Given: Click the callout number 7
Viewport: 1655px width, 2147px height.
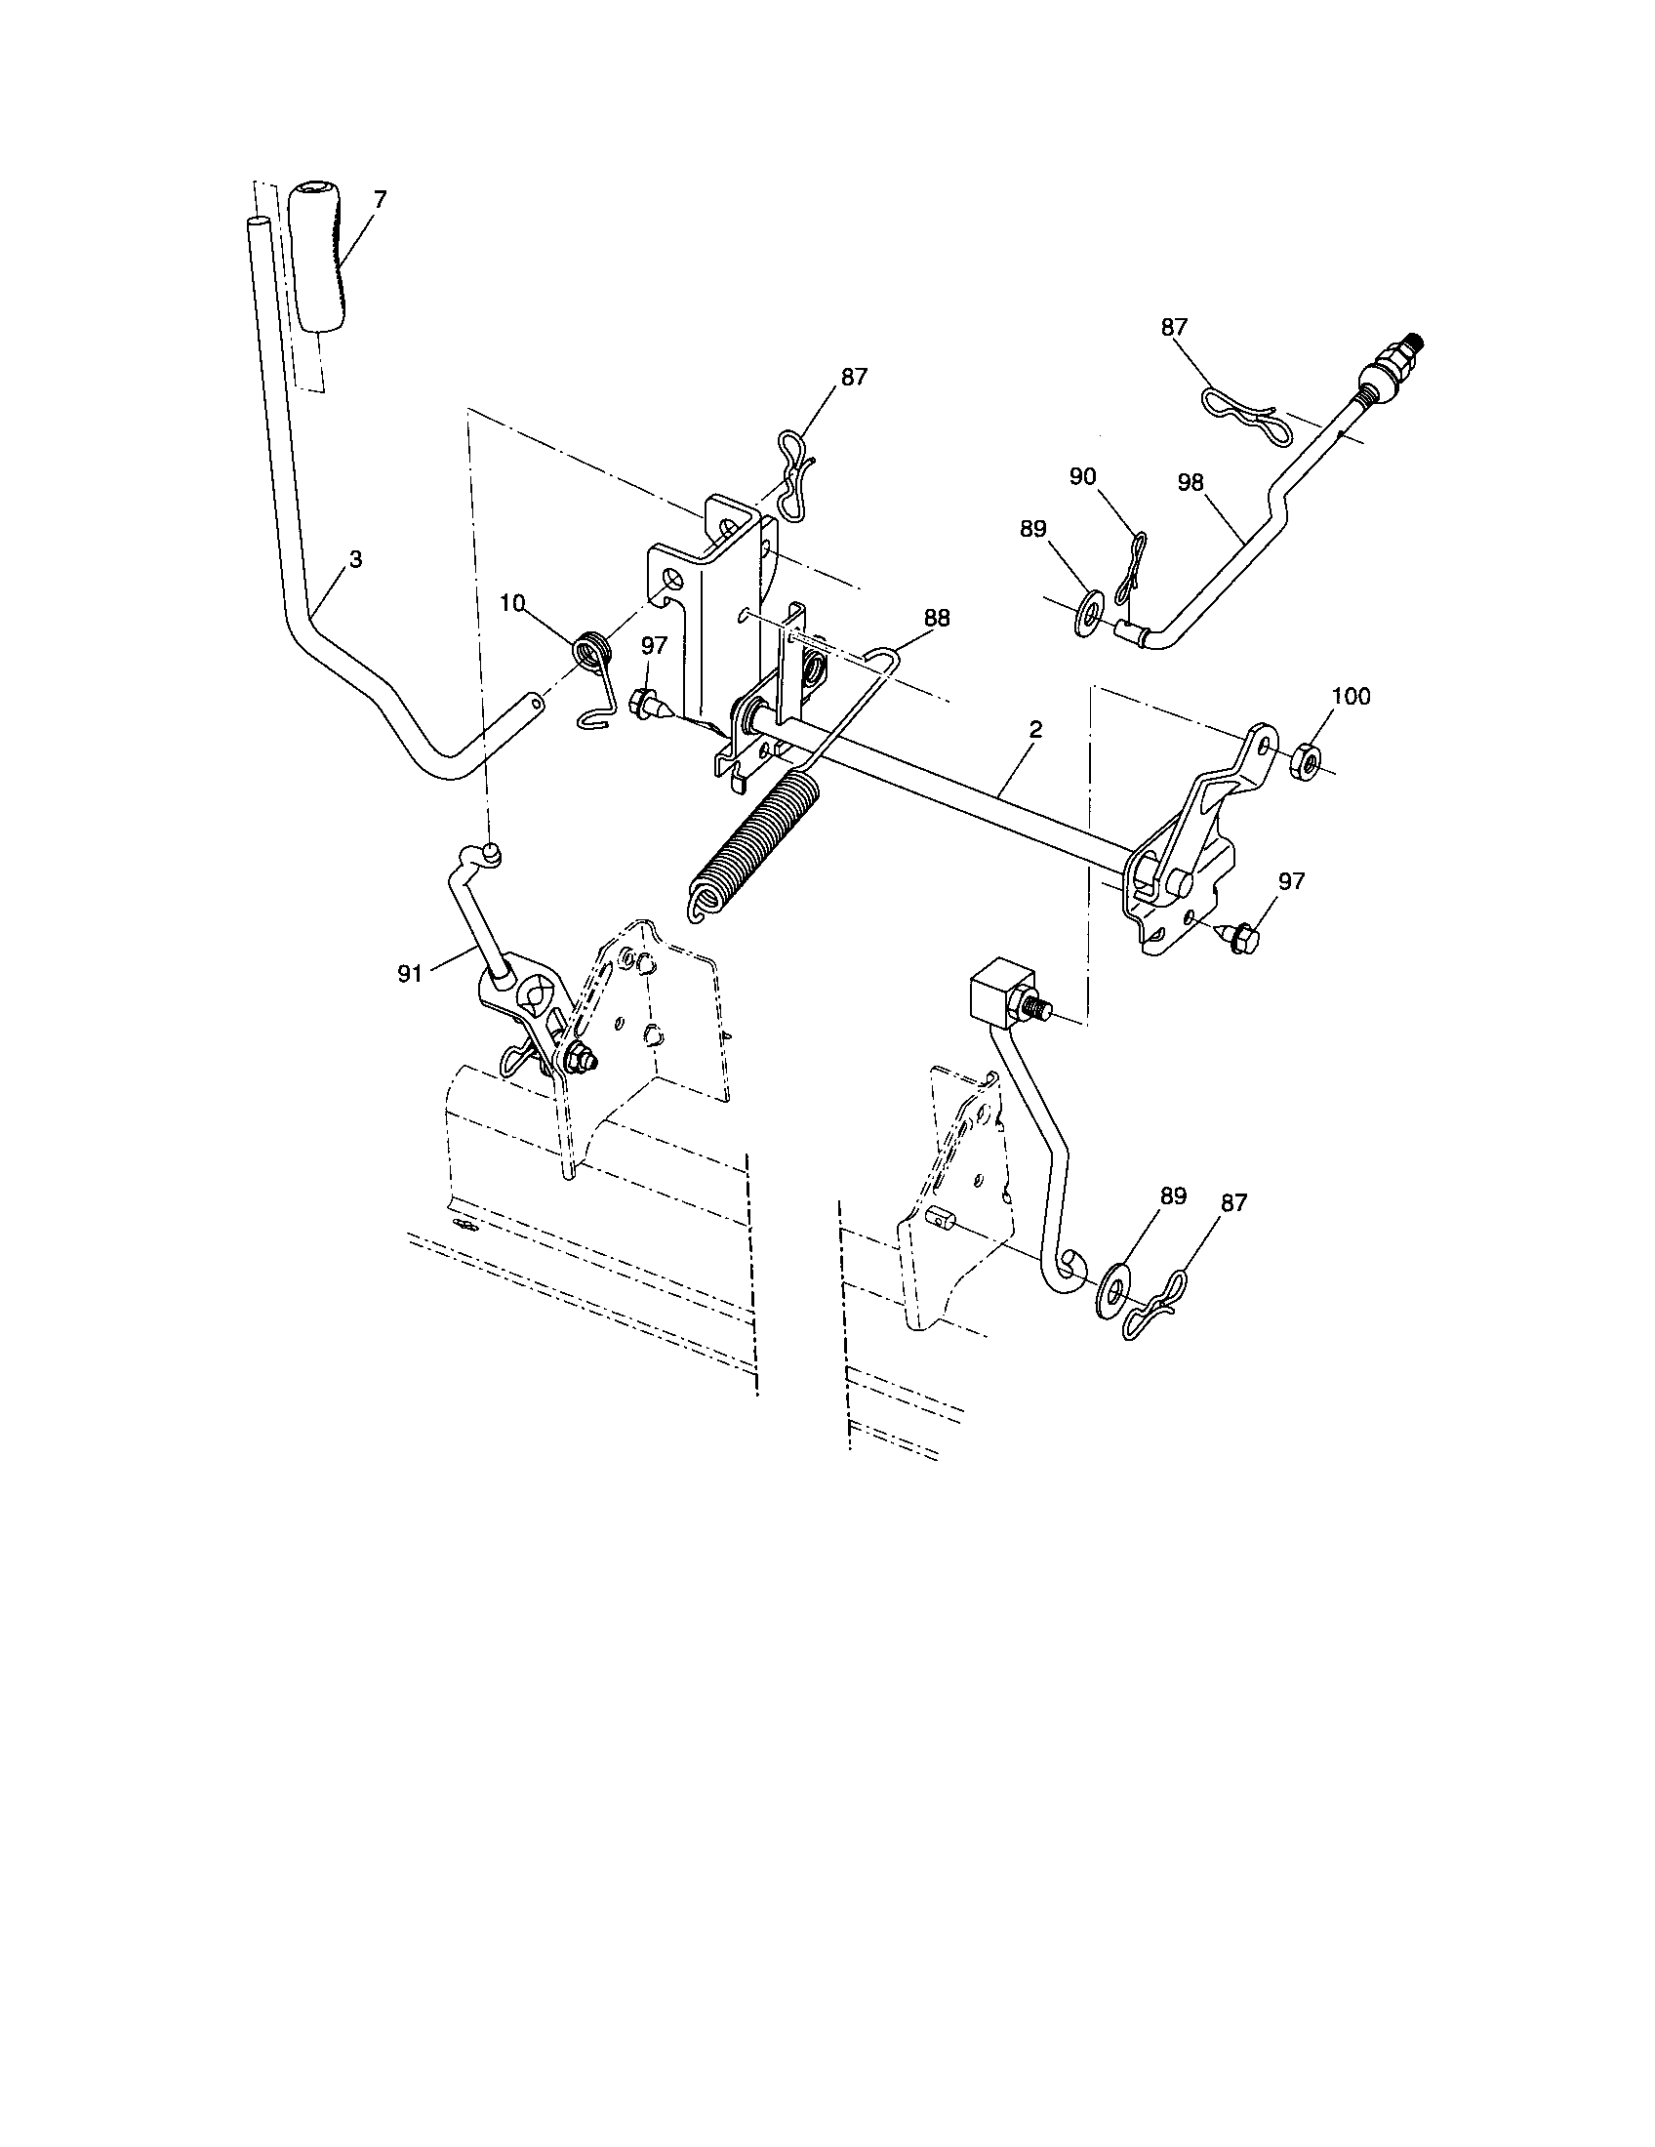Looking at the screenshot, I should click(381, 198).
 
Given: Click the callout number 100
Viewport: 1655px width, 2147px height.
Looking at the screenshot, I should click(1351, 696).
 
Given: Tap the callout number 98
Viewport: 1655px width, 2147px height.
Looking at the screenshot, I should click(1191, 482).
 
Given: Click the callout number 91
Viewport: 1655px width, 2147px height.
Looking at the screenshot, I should click(411, 973).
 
